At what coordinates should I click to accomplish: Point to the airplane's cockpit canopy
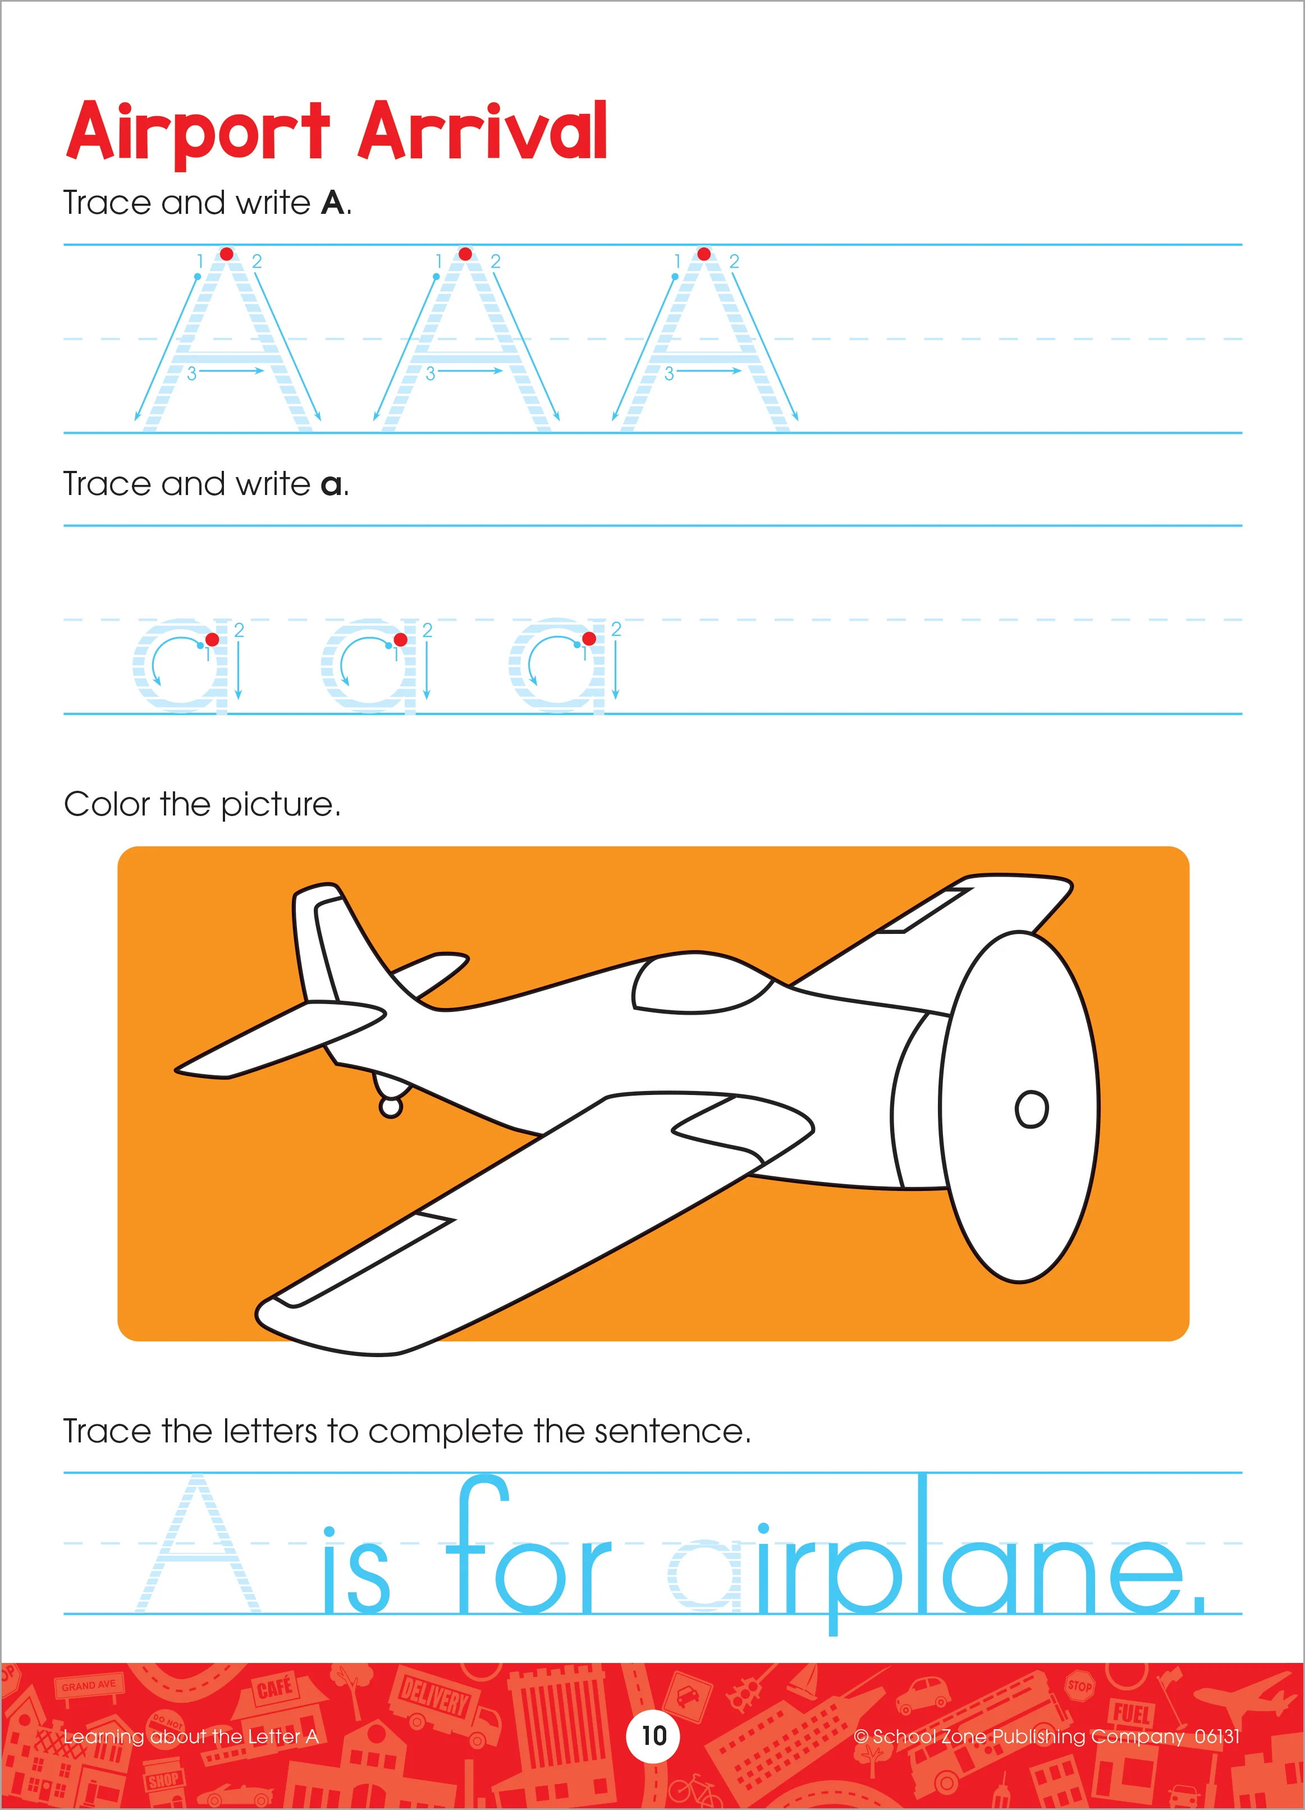tap(702, 983)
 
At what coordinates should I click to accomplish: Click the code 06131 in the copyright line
tap(1216, 1736)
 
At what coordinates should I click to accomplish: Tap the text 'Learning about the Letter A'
tap(191, 1736)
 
